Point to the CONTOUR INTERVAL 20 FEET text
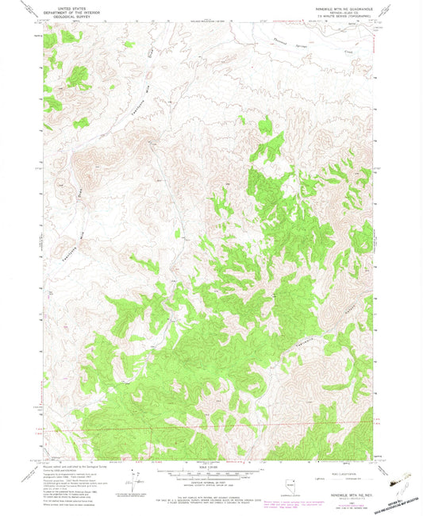(210, 481)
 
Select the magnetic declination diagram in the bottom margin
(131, 479)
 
